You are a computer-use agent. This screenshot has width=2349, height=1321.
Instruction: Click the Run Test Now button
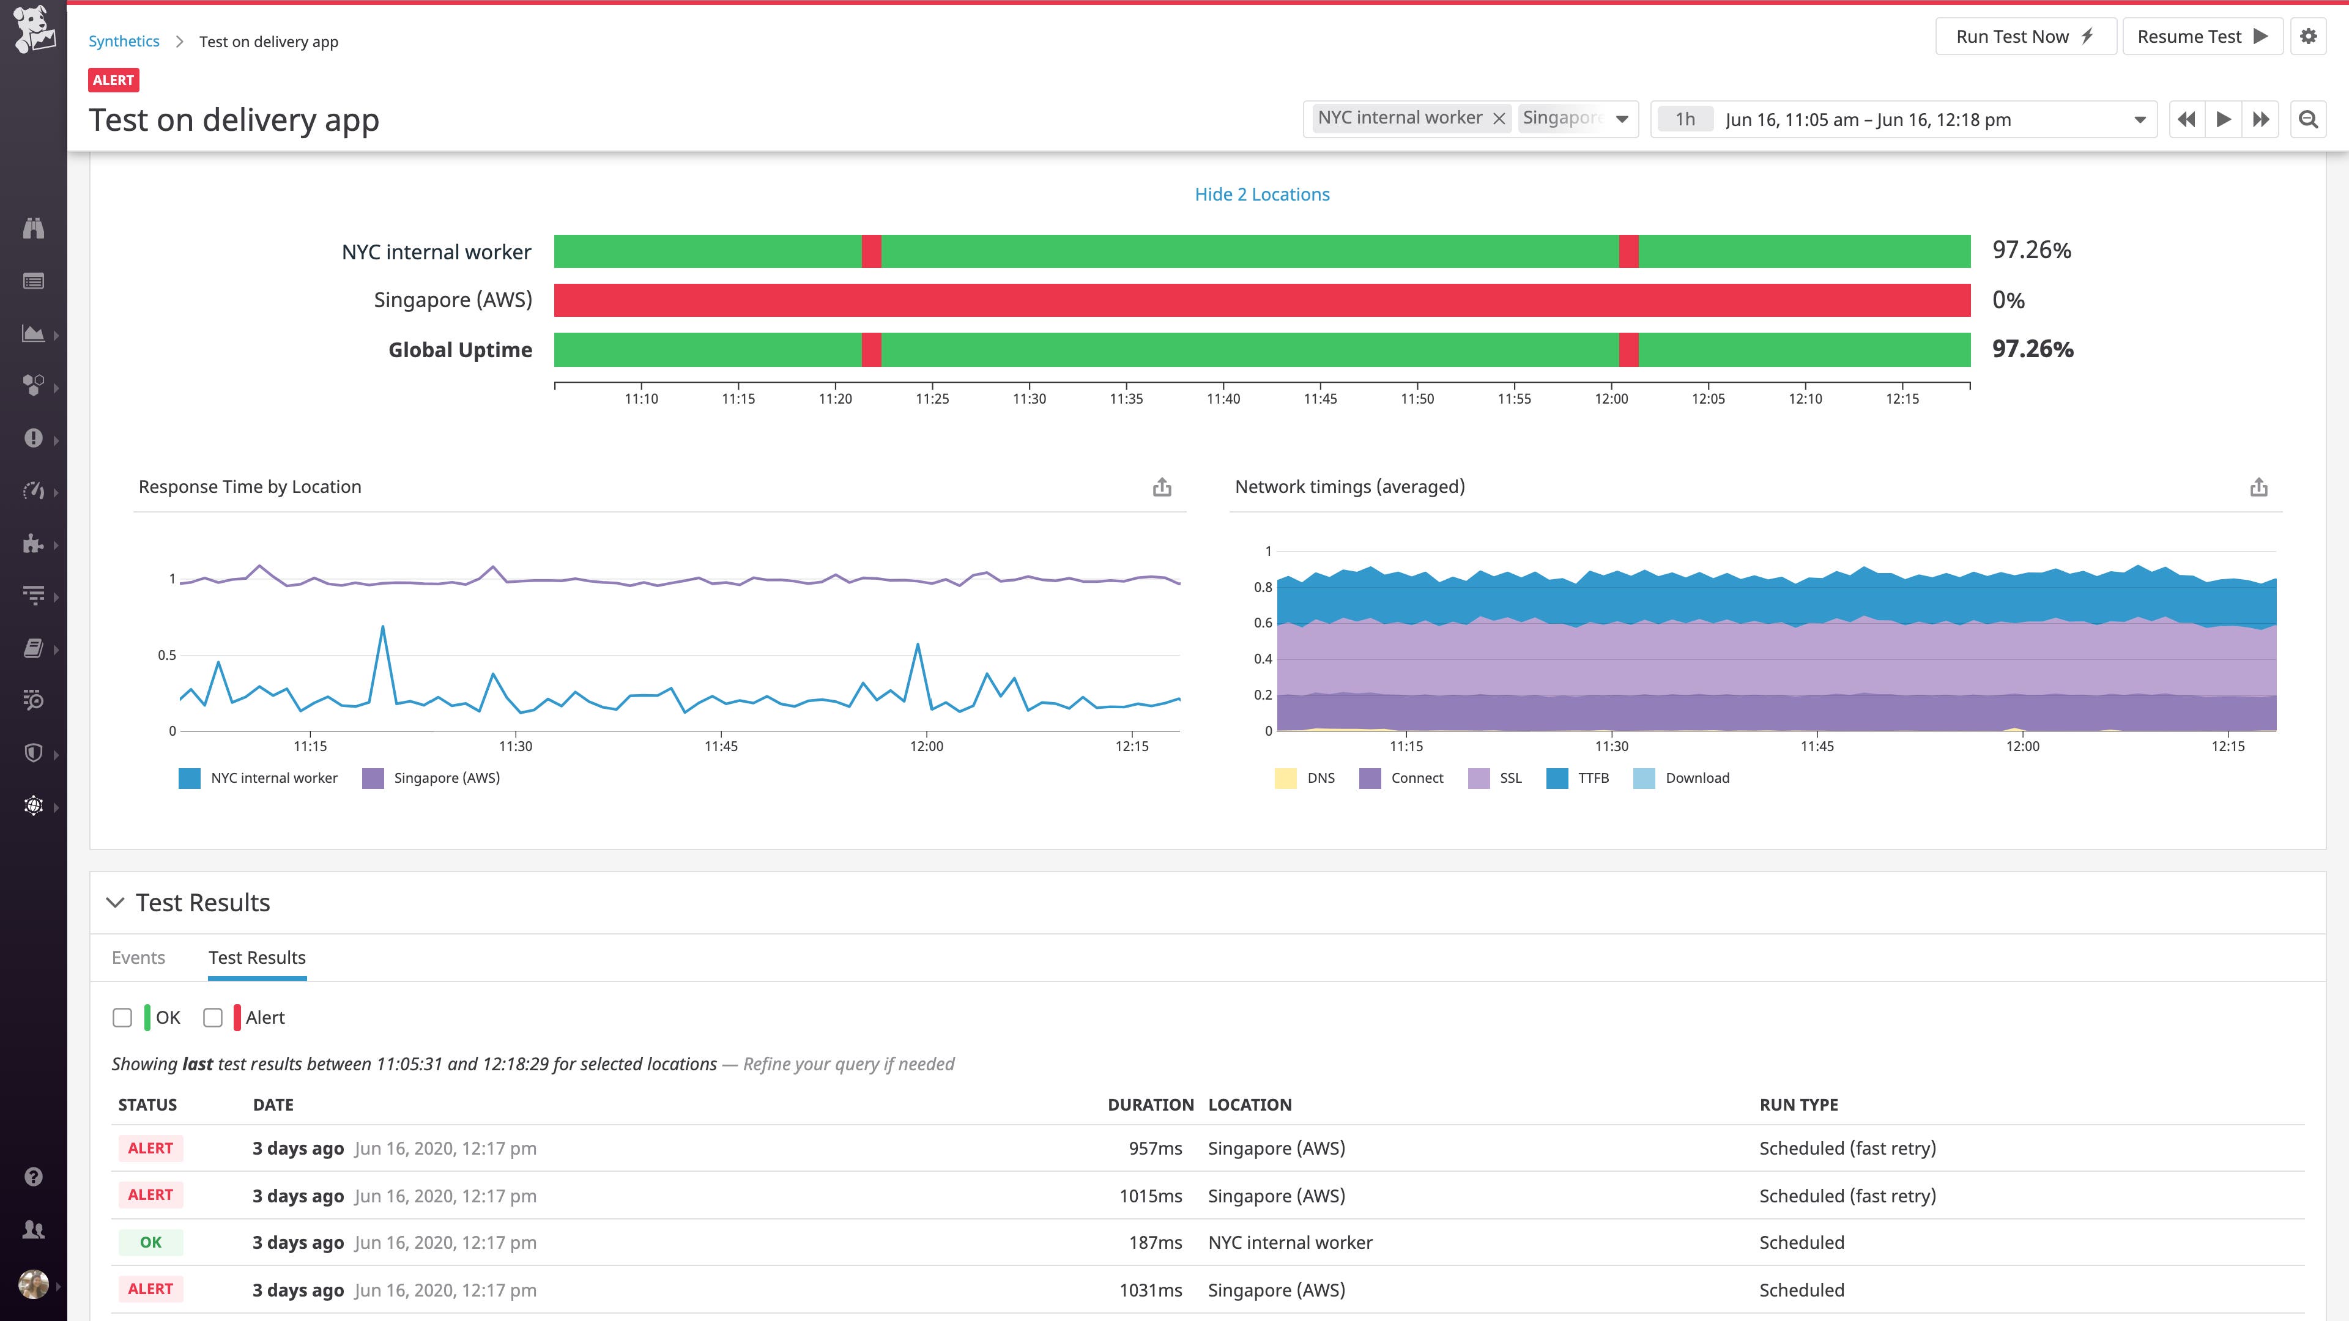tap(2024, 37)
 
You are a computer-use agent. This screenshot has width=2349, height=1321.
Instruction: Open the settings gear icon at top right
tap(2308, 37)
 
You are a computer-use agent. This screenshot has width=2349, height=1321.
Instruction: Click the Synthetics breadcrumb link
tap(124, 41)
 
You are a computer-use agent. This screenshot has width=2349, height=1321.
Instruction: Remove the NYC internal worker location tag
tap(1498, 119)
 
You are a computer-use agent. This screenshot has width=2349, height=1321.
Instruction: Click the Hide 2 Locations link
tap(1261, 194)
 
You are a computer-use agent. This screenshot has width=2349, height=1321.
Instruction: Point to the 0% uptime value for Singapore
tap(2008, 300)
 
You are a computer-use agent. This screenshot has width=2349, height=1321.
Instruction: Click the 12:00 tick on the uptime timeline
tap(1611, 398)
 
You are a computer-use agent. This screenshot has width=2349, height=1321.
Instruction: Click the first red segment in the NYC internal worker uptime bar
tap(871, 251)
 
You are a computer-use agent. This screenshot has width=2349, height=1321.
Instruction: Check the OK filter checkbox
tap(122, 1018)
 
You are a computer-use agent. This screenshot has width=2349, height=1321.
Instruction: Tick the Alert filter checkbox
tap(212, 1018)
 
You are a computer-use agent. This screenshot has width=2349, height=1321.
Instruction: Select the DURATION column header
tap(1150, 1104)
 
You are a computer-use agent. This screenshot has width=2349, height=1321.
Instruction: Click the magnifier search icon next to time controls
tap(2308, 119)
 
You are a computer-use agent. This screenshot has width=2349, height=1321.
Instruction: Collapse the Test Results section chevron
tap(115, 903)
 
